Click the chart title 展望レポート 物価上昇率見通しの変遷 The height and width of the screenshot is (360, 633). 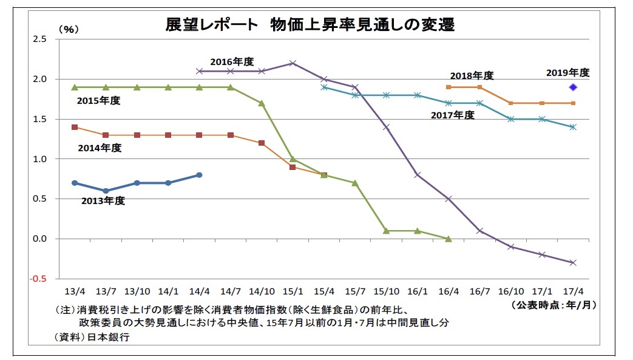310,25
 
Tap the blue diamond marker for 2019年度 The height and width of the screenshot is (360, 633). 572,87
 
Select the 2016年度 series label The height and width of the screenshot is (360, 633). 232,61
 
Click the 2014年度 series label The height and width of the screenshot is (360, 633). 100,148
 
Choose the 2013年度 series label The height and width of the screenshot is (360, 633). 103,200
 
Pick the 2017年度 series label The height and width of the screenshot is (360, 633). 452,115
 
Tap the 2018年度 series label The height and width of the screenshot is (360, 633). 472,76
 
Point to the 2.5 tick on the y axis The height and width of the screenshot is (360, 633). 39,39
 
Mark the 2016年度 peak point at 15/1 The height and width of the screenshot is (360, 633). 293,63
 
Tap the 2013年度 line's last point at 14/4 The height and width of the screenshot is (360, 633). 199,175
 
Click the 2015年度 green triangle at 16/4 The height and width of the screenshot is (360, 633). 448,239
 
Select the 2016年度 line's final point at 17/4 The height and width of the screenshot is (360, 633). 572,263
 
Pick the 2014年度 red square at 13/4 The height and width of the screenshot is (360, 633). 75,127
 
